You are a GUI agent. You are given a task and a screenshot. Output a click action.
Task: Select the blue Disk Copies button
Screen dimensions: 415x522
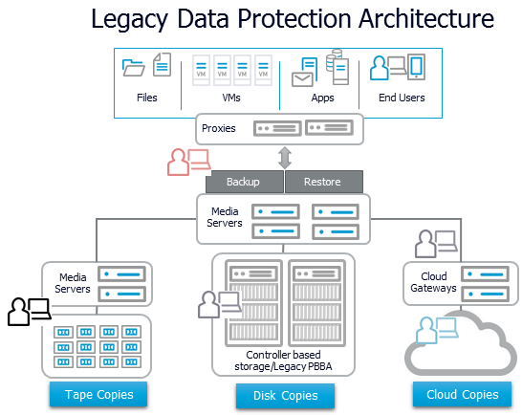point(285,396)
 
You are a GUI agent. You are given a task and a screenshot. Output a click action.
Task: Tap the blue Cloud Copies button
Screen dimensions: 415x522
point(461,394)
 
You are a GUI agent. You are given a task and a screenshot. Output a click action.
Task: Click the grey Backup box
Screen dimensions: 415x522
point(242,182)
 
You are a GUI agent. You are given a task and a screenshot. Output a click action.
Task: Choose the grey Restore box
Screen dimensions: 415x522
point(321,182)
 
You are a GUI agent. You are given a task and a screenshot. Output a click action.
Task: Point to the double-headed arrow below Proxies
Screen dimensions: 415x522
point(283,156)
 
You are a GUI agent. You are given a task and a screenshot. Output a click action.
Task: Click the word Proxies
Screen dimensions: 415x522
point(218,127)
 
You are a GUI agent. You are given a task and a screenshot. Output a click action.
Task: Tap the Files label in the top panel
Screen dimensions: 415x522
point(147,98)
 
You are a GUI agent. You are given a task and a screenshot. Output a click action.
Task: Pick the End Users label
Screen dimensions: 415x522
point(400,98)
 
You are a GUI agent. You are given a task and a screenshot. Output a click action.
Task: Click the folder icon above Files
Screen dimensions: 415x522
point(134,68)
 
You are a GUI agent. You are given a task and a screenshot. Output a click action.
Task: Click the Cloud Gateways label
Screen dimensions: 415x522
point(430,282)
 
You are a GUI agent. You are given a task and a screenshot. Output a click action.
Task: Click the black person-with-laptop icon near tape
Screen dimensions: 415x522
point(29,311)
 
